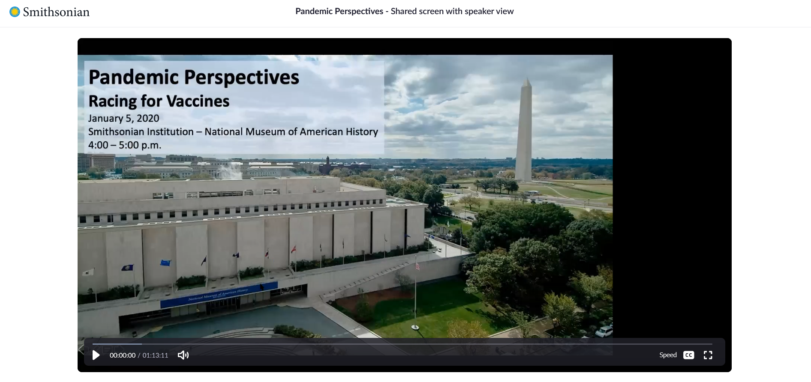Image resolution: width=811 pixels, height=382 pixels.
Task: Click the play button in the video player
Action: point(96,355)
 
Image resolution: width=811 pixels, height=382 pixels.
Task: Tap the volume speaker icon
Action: point(183,355)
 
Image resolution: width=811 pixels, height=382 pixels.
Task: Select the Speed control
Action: point(668,355)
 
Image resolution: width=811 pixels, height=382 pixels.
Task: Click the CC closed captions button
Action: point(688,355)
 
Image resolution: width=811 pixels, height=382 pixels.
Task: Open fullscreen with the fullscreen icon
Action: point(708,355)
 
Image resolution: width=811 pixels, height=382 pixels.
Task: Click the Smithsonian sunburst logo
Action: point(15,12)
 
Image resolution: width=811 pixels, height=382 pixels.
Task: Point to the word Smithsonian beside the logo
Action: point(56,12)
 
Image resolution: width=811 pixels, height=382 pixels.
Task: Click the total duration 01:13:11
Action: point(155,355)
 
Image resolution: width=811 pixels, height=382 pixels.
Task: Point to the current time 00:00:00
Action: point(123,355)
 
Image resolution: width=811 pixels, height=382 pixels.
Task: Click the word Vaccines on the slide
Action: point(198,101)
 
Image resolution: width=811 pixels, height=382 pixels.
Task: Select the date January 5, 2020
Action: point(123,118)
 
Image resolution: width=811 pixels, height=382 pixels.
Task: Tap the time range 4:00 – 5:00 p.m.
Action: point(125,145)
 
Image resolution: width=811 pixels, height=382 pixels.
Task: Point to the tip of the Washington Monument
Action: point(527,78)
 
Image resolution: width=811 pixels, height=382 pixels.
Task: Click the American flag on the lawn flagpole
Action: point(417,266)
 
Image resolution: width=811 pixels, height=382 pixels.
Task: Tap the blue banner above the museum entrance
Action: point(219,294)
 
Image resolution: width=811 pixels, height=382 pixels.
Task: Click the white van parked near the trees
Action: point(604,331)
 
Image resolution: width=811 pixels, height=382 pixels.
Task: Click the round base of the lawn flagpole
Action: point(415,328)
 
